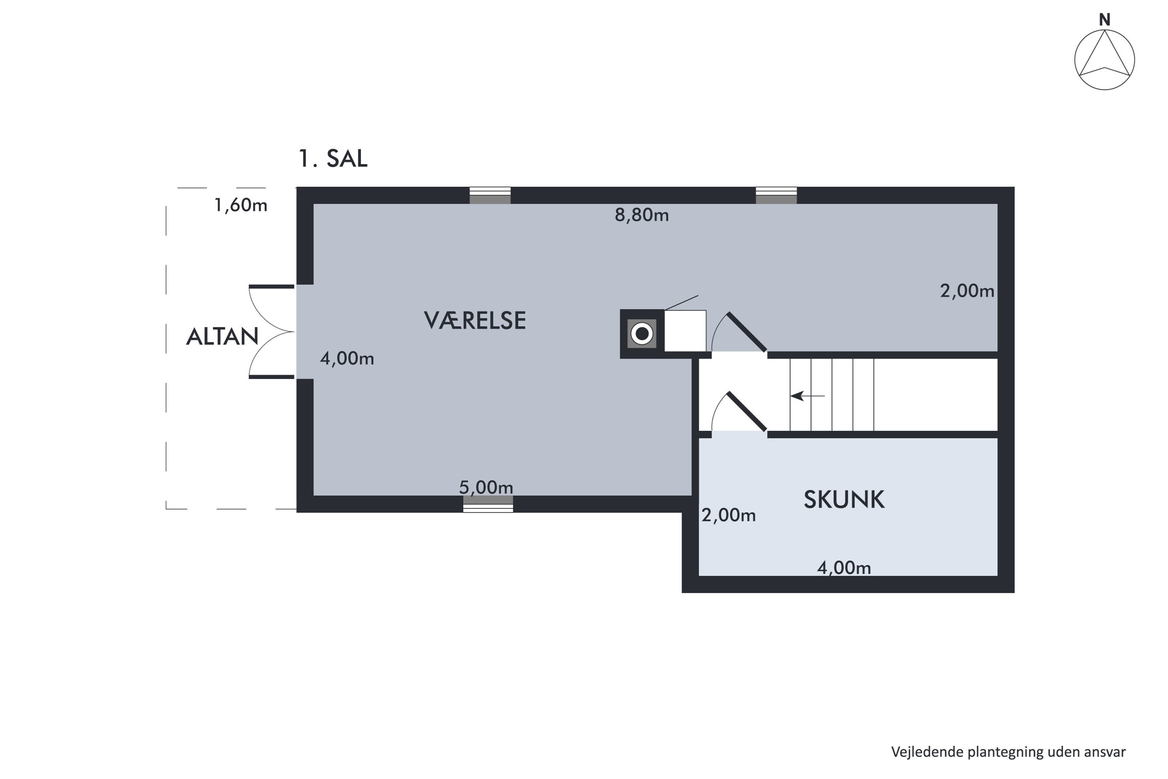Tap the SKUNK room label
pos(844,499)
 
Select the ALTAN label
pos(222,337)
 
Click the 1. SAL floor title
pos(333,159)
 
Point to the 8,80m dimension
pos(642,215)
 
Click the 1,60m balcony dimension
pos(241,205)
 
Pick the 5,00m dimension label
pos(486,487)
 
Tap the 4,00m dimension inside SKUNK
pos(844,568)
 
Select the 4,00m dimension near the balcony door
pos(347,358)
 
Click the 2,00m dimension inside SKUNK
pos(728,515)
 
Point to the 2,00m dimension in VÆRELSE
pos(967,291)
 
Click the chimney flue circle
pos(642,334)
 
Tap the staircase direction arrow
pos(807,396)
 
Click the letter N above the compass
pos(1105,20)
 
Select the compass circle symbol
pos(1105,60)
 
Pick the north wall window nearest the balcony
pos(490,195)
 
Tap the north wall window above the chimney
pos(776,195)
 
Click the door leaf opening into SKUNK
pos(747,411)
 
